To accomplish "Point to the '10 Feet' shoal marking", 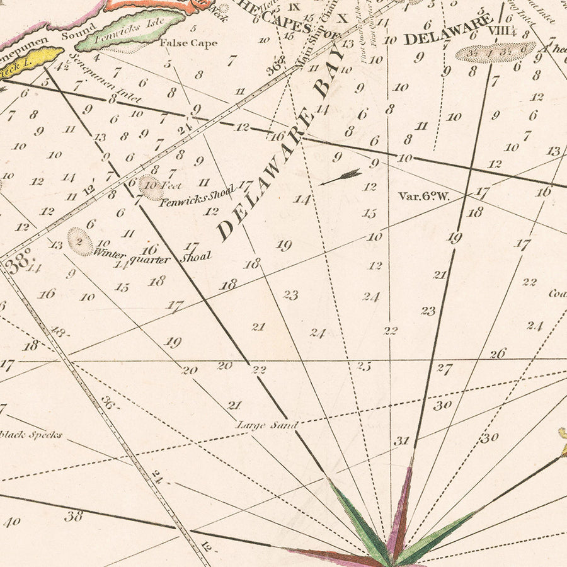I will coord(153,186).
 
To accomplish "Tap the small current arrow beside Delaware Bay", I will coord(340,176).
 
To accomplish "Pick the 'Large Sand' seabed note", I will coord(266,425).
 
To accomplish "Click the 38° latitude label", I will coord(18,265).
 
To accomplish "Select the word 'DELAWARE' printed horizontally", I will coord(447,30).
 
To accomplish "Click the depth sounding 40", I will coord(12,521).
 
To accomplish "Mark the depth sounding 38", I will coord(74,517).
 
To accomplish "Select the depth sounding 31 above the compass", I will coord(402,441).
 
